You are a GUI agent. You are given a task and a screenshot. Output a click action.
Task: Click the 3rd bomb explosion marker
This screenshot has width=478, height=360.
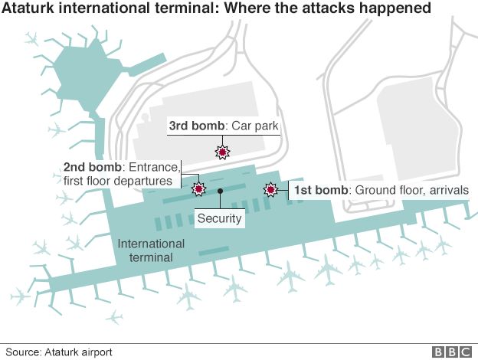click(x=222, y=152)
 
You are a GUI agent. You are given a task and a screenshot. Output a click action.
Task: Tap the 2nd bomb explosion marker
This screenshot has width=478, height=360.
click(x=198, y=189)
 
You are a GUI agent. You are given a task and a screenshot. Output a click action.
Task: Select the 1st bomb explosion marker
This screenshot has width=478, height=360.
click(x=270, y=190)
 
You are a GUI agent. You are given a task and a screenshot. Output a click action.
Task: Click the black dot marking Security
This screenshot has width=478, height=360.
click(x=220, y=191)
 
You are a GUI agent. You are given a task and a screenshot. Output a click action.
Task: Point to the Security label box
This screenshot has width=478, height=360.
click(x=220, y=218)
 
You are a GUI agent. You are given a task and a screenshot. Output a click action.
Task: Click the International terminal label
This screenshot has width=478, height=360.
click(x=151, y=250)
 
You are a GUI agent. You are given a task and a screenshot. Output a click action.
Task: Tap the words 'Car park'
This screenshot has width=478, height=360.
click(x=255, y=126)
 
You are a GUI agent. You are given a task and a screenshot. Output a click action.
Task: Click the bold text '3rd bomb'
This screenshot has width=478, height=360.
click(x=197, y=126)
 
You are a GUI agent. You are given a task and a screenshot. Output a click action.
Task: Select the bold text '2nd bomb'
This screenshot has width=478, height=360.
click(x=93, y=167)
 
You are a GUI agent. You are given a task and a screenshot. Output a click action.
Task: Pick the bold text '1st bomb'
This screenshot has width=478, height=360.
click(x=321, y=190)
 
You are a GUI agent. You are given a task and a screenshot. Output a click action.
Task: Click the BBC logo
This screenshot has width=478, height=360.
click(x=452, y=352)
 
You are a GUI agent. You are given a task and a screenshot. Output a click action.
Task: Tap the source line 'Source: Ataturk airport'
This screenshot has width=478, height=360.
click(x=59, y=352)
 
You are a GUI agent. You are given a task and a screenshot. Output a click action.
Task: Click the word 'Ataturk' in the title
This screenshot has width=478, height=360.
click(x=28, y=8)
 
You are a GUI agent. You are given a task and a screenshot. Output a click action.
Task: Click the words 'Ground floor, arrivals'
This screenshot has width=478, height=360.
click(x=412, y=190)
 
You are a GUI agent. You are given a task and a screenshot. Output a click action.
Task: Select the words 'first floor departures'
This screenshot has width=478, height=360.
click(x=118, y=181)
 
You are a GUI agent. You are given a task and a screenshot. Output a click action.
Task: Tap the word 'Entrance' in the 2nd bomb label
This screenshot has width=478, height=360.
click(x=154, y=167)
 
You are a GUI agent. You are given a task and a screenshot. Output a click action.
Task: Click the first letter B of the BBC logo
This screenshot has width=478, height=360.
click(x=438, y=352)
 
